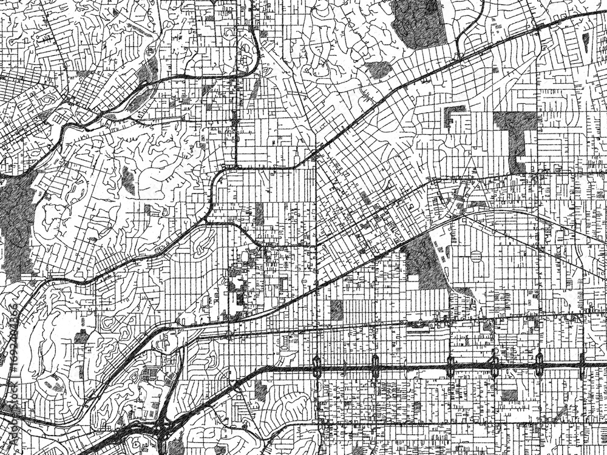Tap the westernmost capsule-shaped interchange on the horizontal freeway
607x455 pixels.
(x=317, y=365)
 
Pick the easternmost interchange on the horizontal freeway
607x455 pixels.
(x=582, y=364)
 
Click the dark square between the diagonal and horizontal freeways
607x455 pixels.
(x=336, y=310)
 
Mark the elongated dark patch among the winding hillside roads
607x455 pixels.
(x=128, y=180)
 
